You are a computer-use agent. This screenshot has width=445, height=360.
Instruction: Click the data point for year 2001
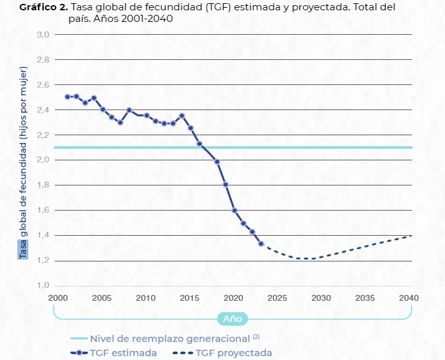[x=68, y=97]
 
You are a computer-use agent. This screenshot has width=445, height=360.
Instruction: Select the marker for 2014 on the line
[x=182, y=116]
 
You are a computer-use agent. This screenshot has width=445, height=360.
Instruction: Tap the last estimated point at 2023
[x=261, y=243]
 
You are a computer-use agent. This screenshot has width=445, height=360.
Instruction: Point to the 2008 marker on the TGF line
[x=129, y=110]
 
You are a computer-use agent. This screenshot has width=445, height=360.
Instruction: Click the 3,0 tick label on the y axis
[x=43, y=34]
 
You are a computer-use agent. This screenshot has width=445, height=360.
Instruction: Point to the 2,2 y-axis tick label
[x=43, y=135]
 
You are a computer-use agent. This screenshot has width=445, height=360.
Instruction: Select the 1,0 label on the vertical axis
[x=43, y=285]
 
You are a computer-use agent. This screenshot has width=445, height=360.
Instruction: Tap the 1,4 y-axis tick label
[x=43, y=235]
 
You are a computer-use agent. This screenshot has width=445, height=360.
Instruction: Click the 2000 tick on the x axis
[x=58, y=298]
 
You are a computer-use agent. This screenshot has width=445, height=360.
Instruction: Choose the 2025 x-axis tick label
[x=277, y=298]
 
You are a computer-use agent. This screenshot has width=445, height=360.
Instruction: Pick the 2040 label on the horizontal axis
[x=408, y=298]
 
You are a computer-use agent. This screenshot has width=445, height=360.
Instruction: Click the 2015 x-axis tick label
[x=189, y=298]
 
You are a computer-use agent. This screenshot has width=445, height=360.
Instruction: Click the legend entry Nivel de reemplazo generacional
[x=169, y=339]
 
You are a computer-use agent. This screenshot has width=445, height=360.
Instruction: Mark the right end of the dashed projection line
[x=411, y=236]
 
